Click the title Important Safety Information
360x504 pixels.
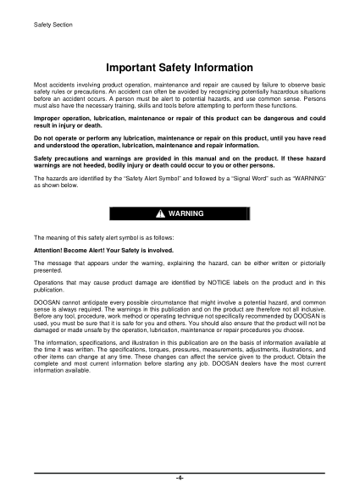point(180,67)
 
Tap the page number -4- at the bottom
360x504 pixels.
point(180,478)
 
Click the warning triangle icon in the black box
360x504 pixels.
point(159,213)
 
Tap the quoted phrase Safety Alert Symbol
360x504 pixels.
point(152,179)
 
